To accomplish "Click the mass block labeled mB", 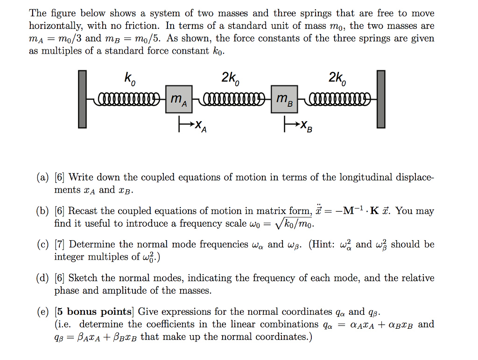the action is pyautogui.click(x=284, y=99).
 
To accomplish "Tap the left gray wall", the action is pyautogui.click(x=82, y=99).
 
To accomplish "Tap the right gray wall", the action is pyautogui.click(x=381, y=99).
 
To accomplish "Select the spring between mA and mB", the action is pyautogui.click(x=231, y=99).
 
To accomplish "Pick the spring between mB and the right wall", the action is pyautogui.click(x=337, y=99).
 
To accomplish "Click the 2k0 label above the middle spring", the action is pyautogui.click(x=230, y=80).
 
